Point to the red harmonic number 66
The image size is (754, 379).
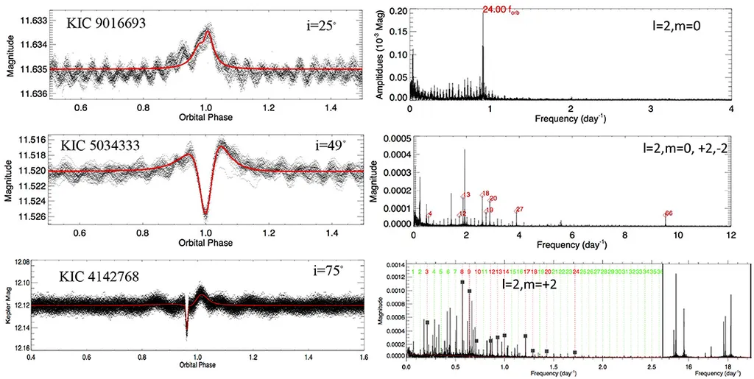click(x=669, y=213)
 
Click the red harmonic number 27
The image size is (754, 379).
click(x=520, y=210)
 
